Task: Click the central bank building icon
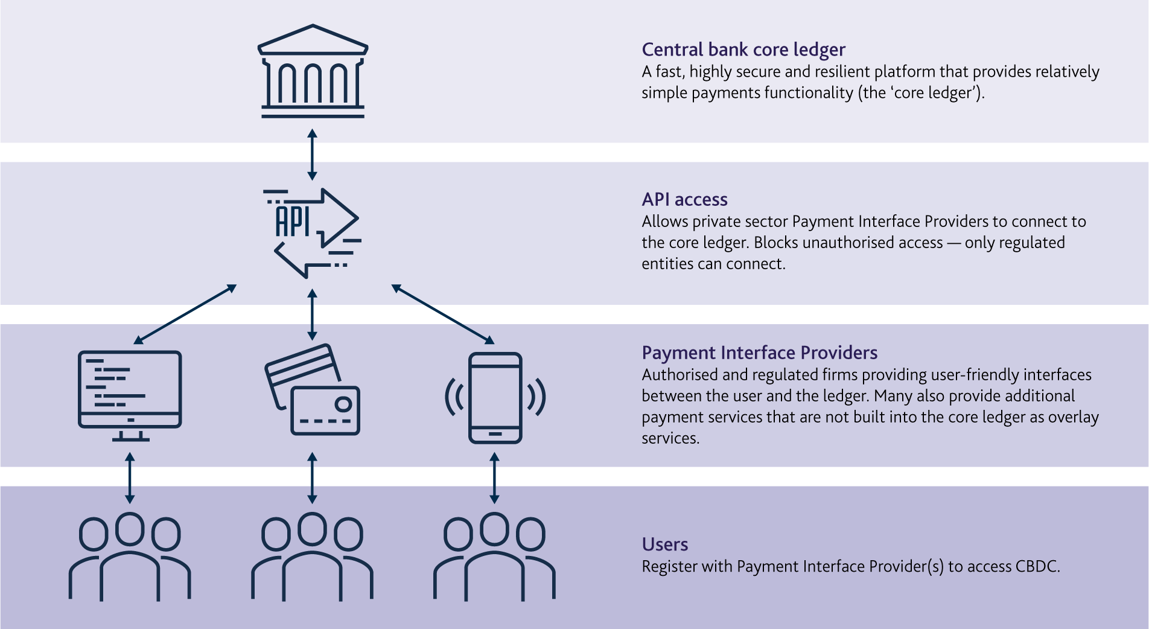pos(313,71)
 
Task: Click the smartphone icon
pos(495,398)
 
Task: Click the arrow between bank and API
pos(312,155)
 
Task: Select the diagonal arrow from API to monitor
pos(185,314)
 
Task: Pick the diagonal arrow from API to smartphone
pos(443,314)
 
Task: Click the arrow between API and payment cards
pos(312,314)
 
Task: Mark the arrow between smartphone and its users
pos(494,478)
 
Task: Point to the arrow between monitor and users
pos(130,478)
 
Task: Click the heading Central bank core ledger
pos(743,49)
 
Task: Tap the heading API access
pos(684,199)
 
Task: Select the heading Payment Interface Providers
pos(759,353)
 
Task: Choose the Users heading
pos(664,544)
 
